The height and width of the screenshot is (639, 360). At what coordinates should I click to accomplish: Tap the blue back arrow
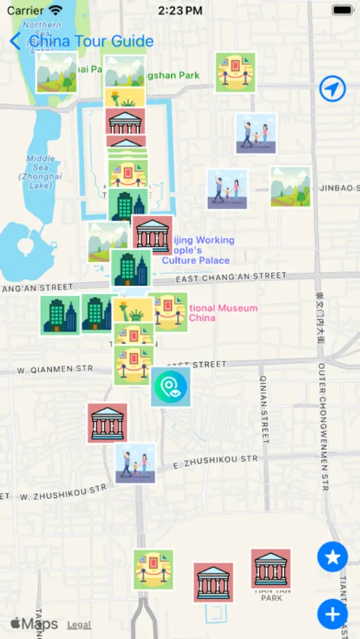(x=15, y=40)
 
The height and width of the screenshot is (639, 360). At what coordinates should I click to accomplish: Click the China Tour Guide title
(x=90, y=40)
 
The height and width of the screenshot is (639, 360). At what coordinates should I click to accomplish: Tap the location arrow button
(x=332, y=89)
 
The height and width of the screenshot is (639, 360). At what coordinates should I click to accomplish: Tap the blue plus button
(x=332, y=613)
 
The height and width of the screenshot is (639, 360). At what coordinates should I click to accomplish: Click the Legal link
(x=79, y=625)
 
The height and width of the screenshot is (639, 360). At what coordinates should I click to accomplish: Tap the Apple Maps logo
(x=34, y=624)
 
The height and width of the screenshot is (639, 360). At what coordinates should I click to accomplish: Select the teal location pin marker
(x=170, y=387)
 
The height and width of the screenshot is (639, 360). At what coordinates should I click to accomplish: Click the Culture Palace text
(x=195, y=261)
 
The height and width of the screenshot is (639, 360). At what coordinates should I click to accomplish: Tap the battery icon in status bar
(x=342, y=11)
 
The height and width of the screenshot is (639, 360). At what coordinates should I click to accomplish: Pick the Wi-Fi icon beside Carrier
(x=55, y=11)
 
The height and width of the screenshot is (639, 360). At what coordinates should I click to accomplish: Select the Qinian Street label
(x=263, y=408)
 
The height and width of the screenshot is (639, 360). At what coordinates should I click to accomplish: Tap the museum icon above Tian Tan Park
(x=271, y=568)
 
